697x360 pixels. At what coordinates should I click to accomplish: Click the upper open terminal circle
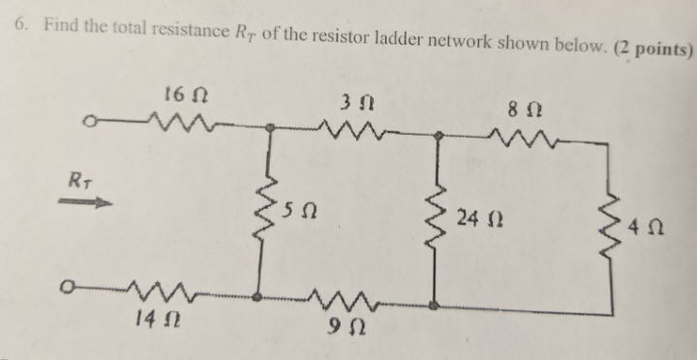point(88,123)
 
